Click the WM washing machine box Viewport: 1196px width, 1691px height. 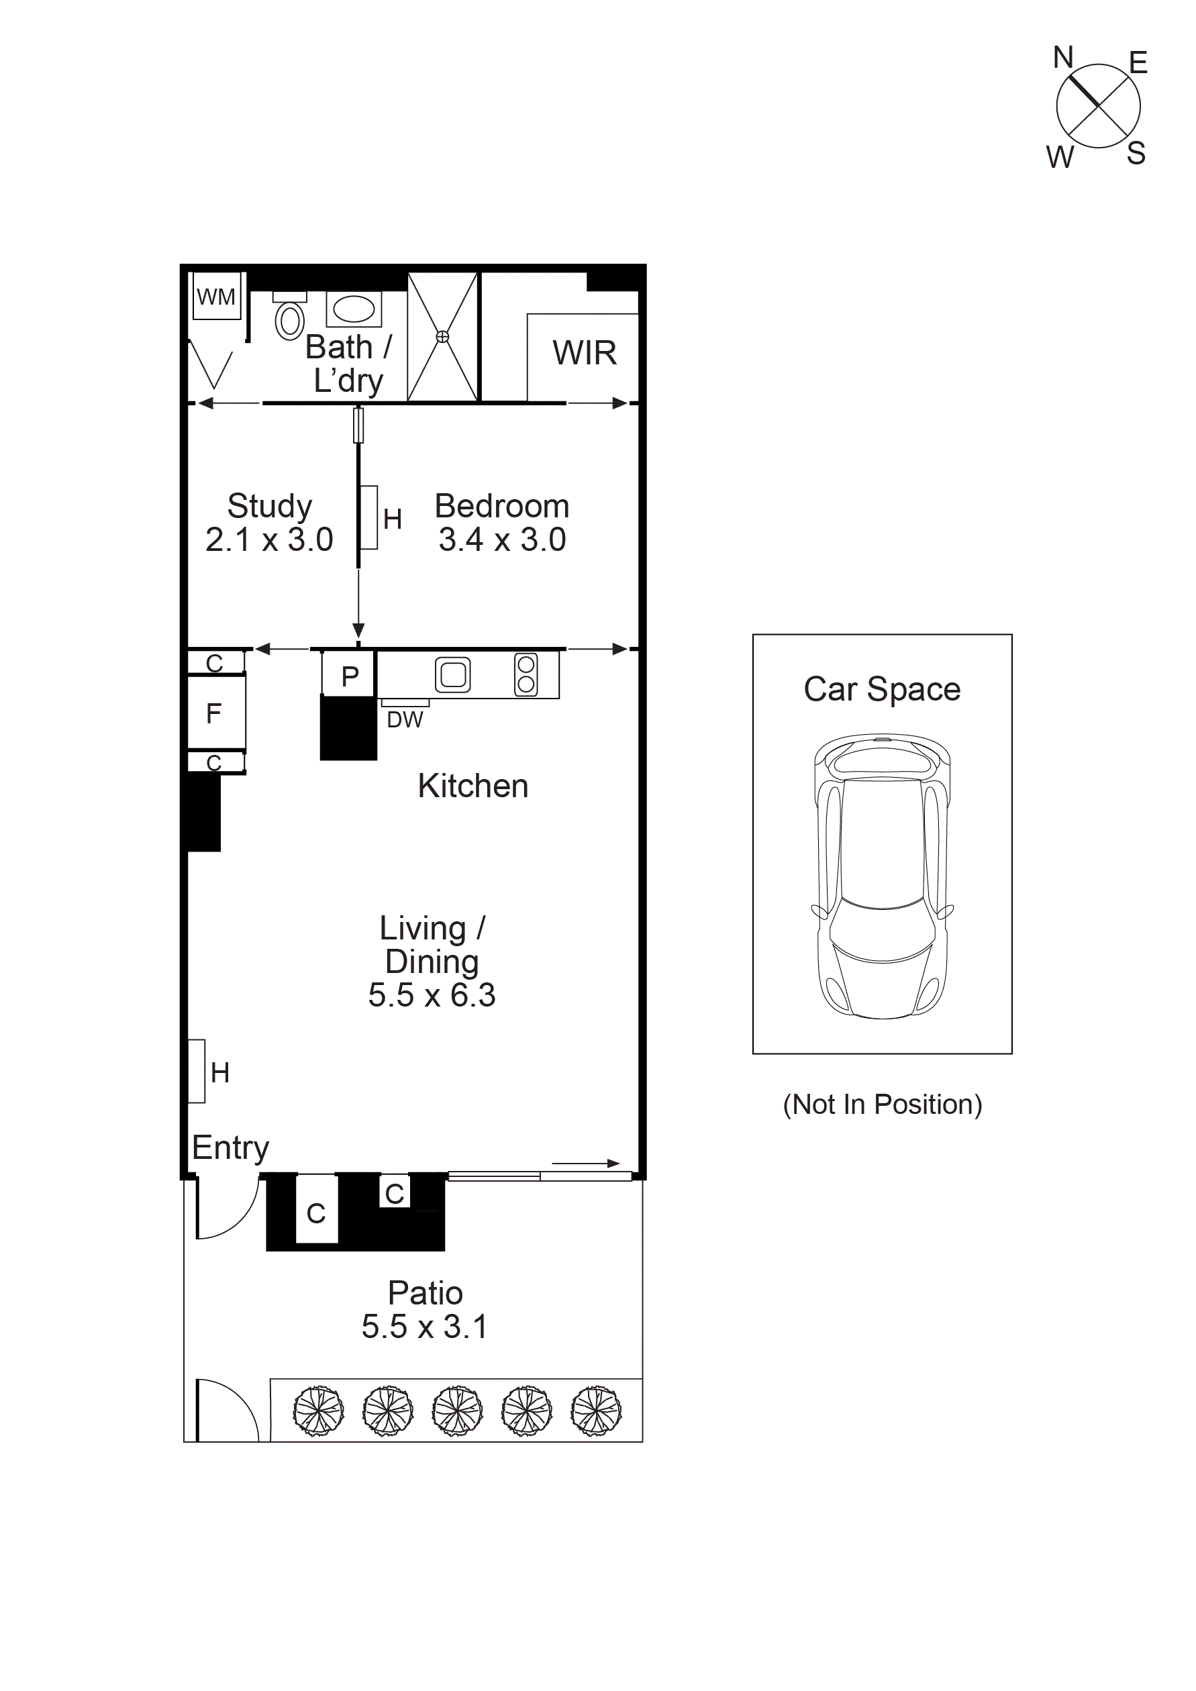(x=217, y=296)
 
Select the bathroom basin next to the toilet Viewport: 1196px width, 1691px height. (x=354, y=309)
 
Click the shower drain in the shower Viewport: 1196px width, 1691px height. (x=442, y=337)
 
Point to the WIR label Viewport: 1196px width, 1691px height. (x=584, y=353)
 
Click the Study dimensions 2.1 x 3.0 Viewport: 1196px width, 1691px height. (x=269, y=540)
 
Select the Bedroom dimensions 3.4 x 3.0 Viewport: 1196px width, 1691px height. (x=502, y=540)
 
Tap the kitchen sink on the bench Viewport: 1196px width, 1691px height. (x=452, y=674)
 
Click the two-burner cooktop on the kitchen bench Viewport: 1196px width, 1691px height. (x=526, y=674)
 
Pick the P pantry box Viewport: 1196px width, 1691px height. (x=349, y=674)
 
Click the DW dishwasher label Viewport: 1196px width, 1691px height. (x=405, y=719)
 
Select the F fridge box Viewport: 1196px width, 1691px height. (x=215, y=713)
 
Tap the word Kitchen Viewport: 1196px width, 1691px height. (x=472, y=786)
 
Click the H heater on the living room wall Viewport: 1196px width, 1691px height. (x=197, y=1071)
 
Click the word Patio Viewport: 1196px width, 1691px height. (x=425, y=1293)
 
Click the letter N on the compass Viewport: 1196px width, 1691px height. (x=1062, y=58)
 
